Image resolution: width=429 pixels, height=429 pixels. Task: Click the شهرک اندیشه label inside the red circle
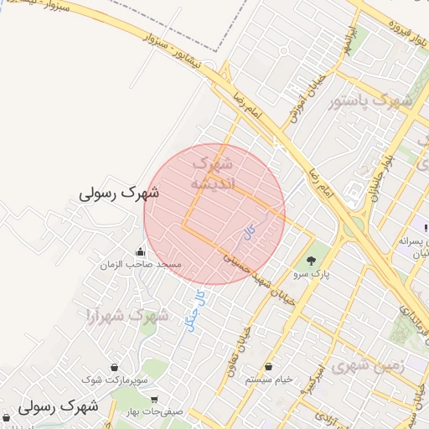pos(214,173)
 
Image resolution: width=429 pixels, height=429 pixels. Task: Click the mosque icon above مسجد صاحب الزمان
pos(140,251)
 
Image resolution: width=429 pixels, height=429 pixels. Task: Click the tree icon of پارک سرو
pos(312,261)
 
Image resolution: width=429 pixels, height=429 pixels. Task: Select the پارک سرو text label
pos(312,273)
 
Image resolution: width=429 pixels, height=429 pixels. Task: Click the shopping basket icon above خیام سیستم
pos(268,366)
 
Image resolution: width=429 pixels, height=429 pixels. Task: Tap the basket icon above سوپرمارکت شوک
pos(114,367)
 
